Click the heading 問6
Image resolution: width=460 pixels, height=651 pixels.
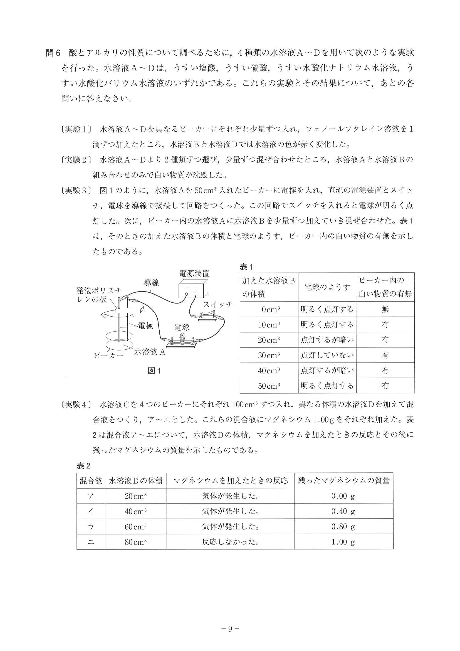pyautogui.click(x=53, y=53)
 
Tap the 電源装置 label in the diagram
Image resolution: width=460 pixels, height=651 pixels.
pyautogui.click(x=194, y=273)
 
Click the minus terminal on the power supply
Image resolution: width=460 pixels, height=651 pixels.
pyautogui.click(x=187, y=289)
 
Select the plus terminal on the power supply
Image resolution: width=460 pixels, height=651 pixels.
pyautogui.click(x=196, y=289)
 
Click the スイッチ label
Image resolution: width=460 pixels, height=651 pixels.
pyautogui.click(x=218, y=305)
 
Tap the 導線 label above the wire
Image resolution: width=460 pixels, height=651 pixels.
pyautogui.click(x=151, y=282)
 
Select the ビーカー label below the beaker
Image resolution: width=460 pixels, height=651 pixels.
pyautogui.click(x=108, y=355)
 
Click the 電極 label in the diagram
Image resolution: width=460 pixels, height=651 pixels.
pyautogui.click(x=145, y=326)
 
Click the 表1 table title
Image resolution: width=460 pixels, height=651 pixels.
pyautogui.click(x=246, y=267)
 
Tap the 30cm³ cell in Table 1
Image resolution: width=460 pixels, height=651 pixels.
pyautogui.click(x=269, y=355)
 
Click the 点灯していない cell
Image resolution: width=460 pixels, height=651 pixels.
pyautogui.click(x=327, y=355)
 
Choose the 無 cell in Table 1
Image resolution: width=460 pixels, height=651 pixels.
pyautogui.click(x=385, y=309)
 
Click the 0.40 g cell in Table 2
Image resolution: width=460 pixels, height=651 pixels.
pyautogui.click(x=343, y=511)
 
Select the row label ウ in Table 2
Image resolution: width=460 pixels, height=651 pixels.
pyautogui.click(x=91, y=527)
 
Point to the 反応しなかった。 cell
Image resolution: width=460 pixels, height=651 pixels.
pyautogui.click(x=231, y=542)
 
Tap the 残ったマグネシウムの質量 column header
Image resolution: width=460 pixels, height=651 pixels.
pyautogui.click(x=343, y=480)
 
